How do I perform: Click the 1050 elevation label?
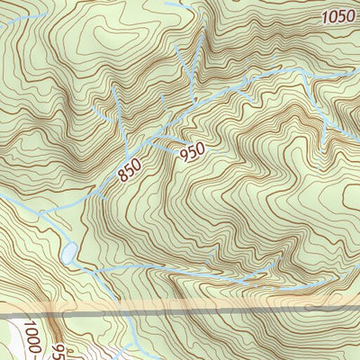coord(337,16)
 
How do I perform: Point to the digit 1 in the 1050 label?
coord(323,15)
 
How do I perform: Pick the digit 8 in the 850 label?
coord(123,175)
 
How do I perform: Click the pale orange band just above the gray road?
coord(180,305)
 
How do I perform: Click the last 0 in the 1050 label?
coord(350,17)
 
